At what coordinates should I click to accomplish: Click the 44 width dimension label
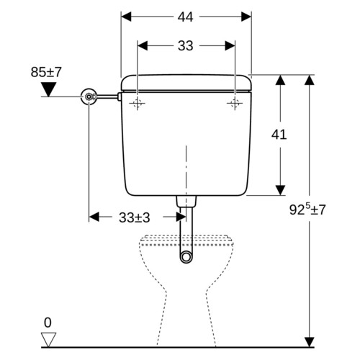point(185,17)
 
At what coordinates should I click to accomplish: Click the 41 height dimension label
point(279,135)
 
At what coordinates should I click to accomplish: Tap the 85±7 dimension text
point(46,72)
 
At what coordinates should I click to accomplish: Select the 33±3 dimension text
point(135,217)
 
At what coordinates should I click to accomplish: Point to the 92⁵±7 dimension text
point(307,210)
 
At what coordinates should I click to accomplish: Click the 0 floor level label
point(48,323)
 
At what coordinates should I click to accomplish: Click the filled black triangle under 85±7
point(48,89)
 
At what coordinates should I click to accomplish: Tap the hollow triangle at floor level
point(48,340)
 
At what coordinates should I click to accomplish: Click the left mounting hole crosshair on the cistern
point(138,104)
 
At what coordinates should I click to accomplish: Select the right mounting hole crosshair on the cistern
point(235,104)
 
